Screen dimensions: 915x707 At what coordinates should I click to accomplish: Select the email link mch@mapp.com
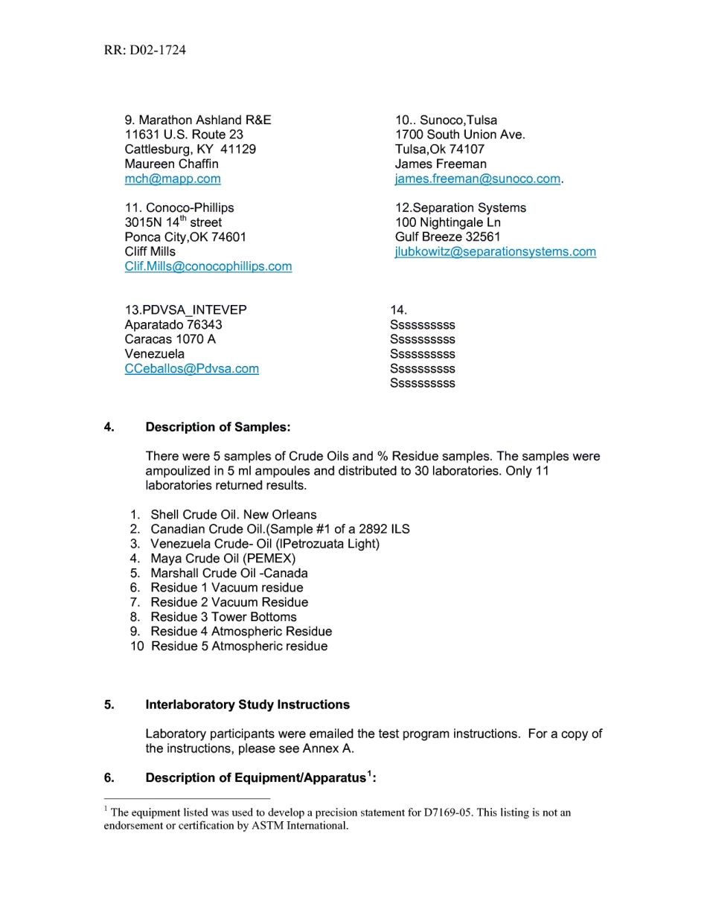click(173, 179)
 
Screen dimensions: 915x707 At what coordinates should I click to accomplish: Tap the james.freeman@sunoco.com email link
click(478, 179)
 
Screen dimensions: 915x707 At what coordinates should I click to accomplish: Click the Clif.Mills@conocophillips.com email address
click(208, 266)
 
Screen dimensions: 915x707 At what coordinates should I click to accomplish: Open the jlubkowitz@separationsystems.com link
click(496, 251)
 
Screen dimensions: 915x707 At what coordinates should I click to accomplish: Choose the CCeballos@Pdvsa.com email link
click(192, 368)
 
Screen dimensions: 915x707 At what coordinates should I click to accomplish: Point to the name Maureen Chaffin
click(172, 164)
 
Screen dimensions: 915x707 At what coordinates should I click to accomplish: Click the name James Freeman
click(441, 164)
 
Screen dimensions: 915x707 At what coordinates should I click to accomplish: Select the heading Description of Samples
click(218, 427)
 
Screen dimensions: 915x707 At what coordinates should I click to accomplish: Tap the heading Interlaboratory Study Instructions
click(247, 704)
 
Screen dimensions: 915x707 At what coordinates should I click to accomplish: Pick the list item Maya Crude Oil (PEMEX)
click(223, 559)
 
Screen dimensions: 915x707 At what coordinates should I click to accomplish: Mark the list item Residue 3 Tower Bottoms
click(223, 617)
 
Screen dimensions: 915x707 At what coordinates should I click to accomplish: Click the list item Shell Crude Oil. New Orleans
click(233, 515)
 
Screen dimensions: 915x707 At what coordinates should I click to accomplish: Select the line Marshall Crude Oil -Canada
click(228, 573)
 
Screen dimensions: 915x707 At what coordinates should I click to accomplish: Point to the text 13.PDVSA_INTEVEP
click(185, 310)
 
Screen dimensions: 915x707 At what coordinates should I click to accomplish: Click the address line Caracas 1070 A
click(170, 339)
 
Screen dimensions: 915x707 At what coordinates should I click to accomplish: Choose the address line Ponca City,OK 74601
click(185, 237)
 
